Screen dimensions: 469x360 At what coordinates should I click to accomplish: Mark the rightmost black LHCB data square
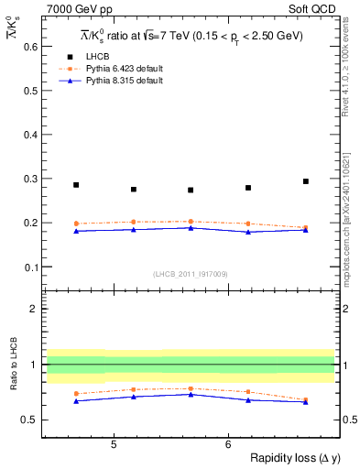[x=306, y=181]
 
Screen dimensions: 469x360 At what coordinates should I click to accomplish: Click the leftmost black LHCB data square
[x=76, y=185]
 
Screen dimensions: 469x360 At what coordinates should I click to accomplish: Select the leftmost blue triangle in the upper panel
[x=76, y=231]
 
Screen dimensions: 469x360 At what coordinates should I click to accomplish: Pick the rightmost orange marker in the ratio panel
[x=306, y=399]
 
